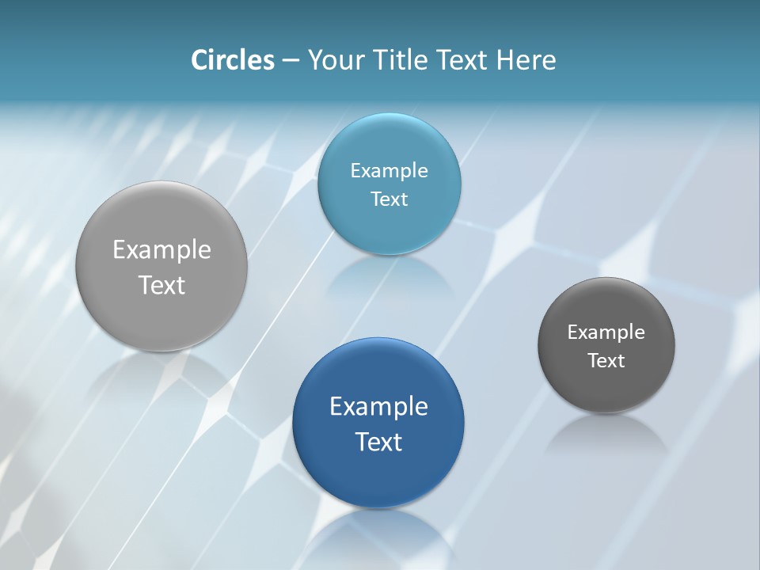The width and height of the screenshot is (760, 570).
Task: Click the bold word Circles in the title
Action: tap(232, 60)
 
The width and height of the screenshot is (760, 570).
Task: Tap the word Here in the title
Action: tap(526, 60)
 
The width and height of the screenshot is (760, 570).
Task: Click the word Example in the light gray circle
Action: tap(161, 249)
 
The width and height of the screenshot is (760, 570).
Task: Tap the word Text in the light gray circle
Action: tap(161, 285)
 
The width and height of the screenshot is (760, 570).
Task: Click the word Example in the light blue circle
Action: tap(389, 171)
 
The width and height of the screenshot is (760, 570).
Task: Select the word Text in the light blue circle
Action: tap(389, 199)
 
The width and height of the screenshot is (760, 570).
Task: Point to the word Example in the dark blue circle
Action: tap(378, 406)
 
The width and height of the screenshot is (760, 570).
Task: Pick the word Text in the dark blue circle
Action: tap(378, 442)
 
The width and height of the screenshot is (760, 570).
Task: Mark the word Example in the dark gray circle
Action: tap(606, 332)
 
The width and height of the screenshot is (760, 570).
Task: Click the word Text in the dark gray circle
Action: tap(606, 361)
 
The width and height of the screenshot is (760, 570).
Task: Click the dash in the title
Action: tap(291, 61)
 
